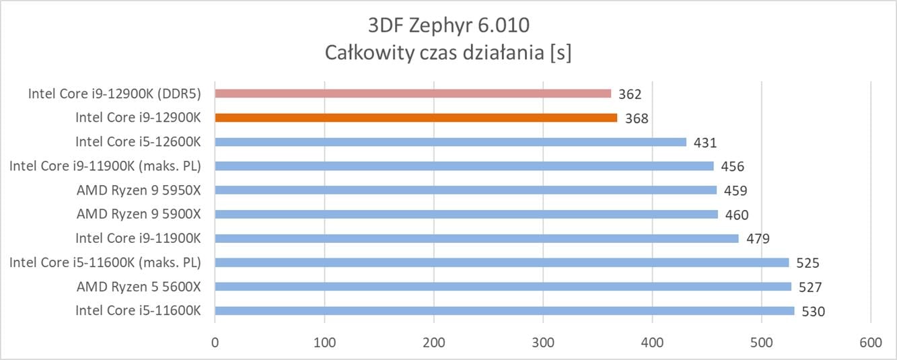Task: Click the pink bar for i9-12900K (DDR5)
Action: pyautogui.click(x=412, y=94)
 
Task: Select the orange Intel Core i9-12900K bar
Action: pyautogui.click(x=416, y=118)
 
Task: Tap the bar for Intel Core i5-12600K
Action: pyautogui.click(x=450, y=142)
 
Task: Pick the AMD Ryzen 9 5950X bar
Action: pyautogui.click(x=466, y=190)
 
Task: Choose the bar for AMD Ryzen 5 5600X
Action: pyautogui.click(x=503, y=287)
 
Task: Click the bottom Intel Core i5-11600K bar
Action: pyautogui.click(x=504, y=311)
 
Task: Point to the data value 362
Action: pyautogui.click(x=631, y=94)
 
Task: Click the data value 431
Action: pyautogui.click(x=705, y=143)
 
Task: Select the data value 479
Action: pyautogui.click(x=758, y=239)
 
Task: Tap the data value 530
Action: pyautogui.click(x=813, y=312)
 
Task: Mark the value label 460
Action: pyautogui.click(x=737, y=215)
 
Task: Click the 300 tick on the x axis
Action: pyautogui.click(x=543, y=343)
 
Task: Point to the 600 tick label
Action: pyautogui.click(x=871, y=343)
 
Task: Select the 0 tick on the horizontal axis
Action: pyautogui.click(x=215, y=343)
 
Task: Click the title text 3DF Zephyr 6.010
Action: pyautogui.click(x=448, y=26)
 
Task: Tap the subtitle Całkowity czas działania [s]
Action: pyautogui.click(x=448, y=52)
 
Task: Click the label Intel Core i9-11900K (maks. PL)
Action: pyautogui.click(x=106, y=166)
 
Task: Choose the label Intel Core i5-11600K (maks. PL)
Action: pyautogui.click(x=106, y=262)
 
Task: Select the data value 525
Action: pyautogui.click(x=808, y=263)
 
